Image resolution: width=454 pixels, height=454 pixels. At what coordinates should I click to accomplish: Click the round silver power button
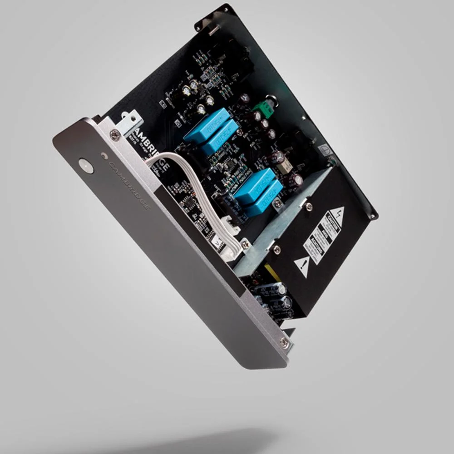(x=86, y=166)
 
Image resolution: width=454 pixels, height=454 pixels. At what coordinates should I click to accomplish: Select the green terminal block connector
(x=262, y=109)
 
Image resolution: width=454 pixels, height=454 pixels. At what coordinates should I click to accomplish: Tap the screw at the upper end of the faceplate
(x=116, y=135)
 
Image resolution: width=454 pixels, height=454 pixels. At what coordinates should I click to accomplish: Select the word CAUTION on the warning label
(x=331, y=226)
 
